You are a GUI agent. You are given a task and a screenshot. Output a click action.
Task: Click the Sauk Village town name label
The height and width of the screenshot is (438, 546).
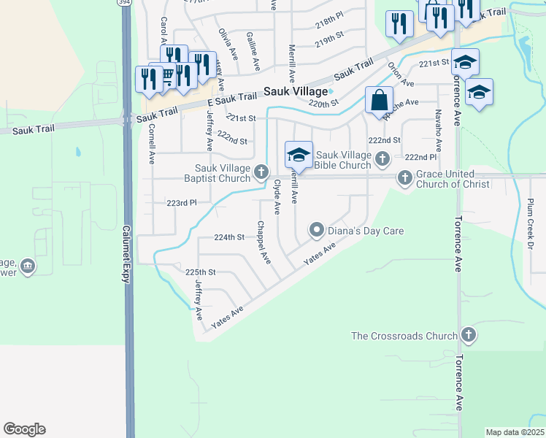pos(296,92)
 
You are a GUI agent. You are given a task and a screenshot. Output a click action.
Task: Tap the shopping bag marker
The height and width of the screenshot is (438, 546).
pos(379,100)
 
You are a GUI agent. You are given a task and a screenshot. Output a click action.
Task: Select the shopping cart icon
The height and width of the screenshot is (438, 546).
pos(167,76)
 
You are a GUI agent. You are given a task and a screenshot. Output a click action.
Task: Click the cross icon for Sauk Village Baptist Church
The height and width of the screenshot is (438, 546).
pos(261,172)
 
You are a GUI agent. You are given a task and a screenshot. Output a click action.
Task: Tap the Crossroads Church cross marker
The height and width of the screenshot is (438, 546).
pos(469,336)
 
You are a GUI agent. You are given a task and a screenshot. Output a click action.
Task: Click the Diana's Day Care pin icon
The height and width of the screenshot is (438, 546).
pos(317,231)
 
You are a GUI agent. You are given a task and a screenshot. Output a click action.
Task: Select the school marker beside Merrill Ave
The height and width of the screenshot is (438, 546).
pos(298,155)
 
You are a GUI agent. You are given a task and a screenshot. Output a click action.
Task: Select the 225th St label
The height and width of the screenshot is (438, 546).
pos(201,272)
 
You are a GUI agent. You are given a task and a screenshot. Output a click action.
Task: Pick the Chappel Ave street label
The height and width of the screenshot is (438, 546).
pos(264,242)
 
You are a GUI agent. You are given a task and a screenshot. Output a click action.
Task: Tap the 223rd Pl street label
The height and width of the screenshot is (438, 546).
pos(182,203)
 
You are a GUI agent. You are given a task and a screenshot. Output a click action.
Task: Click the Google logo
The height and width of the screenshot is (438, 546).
pos(24,429)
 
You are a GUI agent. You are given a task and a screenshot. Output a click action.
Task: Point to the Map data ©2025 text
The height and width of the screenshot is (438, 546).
pos(515,432)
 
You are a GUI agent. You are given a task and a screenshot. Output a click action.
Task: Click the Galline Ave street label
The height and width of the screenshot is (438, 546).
pos(253,50)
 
